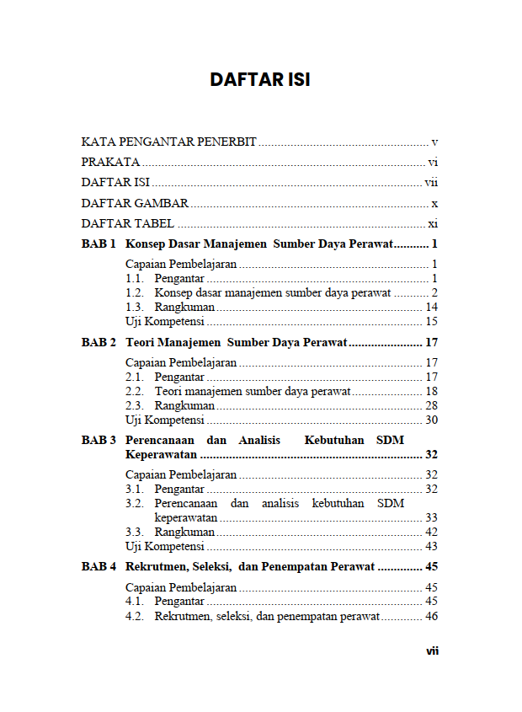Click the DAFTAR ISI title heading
coord(260,80)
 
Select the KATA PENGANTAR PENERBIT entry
coord(168,142)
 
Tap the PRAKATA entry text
coord(110,162)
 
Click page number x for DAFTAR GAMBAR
coord(434,203)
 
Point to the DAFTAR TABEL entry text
coord(128,223)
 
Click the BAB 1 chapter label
coord(99,244)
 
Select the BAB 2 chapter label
coord(99,342)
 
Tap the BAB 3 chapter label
coord(99,440)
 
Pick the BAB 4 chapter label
coord(99,566)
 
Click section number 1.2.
coord(134,292)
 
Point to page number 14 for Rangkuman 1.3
coord(432,307)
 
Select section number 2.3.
coord(134,405)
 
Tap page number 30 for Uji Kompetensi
coord(432,420)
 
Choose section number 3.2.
coord(134,503)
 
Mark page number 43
coord(432,546)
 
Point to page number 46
coord(432,616)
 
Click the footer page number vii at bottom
coord(432,650)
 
